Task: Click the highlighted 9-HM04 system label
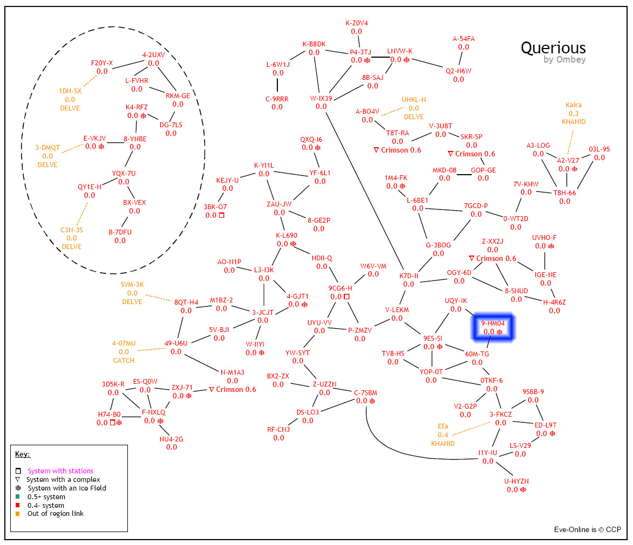point(493,323)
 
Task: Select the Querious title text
point(553,48)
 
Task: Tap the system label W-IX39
point(321,98)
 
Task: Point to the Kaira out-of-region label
point(574,105)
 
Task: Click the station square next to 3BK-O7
point(221,215)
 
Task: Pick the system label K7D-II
point(409,276)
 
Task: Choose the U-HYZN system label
point(516,481)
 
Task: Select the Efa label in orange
point(443,426)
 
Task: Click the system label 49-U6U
point(176,343)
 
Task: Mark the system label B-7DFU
point(120,232)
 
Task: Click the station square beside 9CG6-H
point(346,296)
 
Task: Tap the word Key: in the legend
point(23,454)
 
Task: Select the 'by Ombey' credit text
point(564,60)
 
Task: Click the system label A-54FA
point(464,39)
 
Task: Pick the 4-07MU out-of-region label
point(124,343)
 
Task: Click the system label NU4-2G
point(172,439)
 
